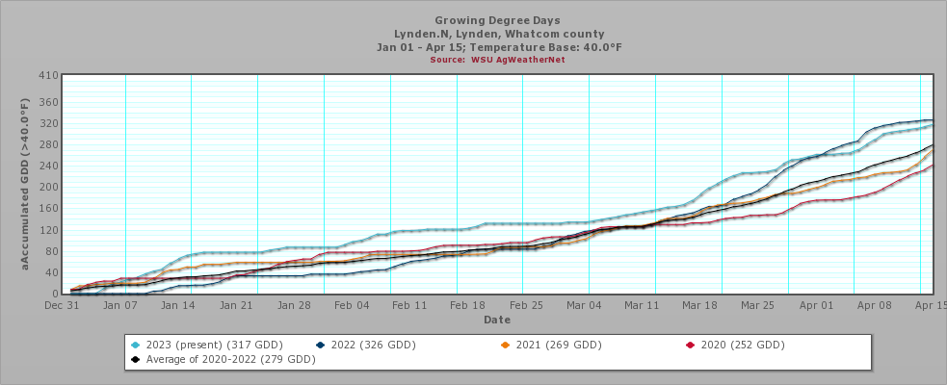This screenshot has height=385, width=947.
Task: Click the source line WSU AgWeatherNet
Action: (497, 60)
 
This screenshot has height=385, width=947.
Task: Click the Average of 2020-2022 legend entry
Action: (224, 359)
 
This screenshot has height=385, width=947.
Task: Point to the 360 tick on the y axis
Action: (47, 103)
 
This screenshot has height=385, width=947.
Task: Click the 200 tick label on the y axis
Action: (47, 187)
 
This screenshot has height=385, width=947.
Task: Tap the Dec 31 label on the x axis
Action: (62, 305)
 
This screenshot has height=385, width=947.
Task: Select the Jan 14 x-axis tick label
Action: (178, 305)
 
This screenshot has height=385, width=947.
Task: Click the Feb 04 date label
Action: (352, 305)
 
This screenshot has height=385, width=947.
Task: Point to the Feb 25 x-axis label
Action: (526, 305)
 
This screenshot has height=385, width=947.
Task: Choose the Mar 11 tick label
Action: (643, 305)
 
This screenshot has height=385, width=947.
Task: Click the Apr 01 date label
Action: (817, 305)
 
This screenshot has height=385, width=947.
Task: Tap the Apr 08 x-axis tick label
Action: (875, 305)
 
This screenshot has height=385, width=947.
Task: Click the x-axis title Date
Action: (497, 319)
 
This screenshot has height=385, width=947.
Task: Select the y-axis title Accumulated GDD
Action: (26, 183)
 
